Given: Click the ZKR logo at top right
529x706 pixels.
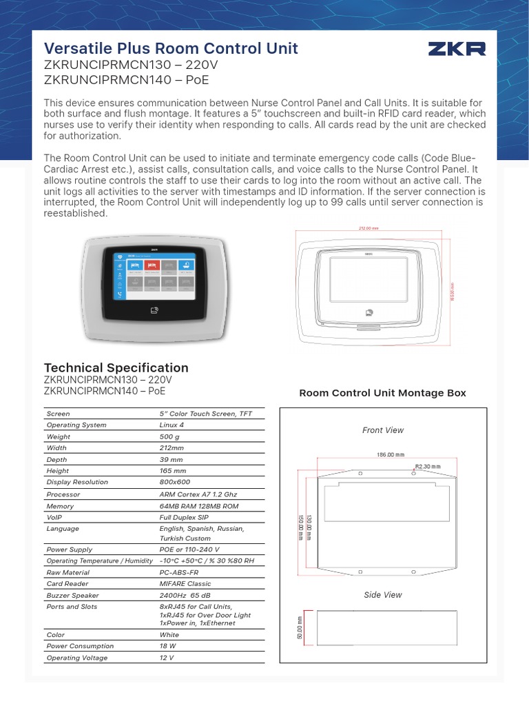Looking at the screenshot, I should pyautogui.click(x=457, y=48).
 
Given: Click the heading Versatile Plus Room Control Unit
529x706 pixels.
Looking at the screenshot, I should pyautogui.click(x=171, y=48).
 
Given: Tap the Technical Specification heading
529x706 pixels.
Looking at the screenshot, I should pyautogui.click(x=116, y=367).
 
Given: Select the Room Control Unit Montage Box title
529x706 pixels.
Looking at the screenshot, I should pyautogui.click(x=382, y=393).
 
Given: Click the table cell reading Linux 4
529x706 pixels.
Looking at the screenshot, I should pyautogui.click(x=172, y=425).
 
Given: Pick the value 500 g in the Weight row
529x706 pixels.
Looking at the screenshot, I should pyautogui.click(x=169, y=437).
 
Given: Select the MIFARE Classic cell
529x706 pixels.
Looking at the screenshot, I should pyautogui.click(x=185, y=584).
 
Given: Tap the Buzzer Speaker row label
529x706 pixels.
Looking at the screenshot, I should pyautogui.click(x=72, y=595).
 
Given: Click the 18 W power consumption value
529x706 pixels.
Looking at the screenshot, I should pyautogui.click(x=169, y=646).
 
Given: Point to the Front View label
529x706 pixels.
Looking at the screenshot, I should pyautogui.click(x=383, y=430).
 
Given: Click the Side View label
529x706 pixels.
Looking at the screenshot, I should pyautogui.click(x=383, y=594).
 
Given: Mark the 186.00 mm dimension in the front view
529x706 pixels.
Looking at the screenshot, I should pyautogui.click(x=390, y=455).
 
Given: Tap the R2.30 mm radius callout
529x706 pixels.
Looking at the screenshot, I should pyautogui.click(x=427, y=467).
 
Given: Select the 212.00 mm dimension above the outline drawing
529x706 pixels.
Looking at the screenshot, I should pyautogui.click(x=369, y=228).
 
